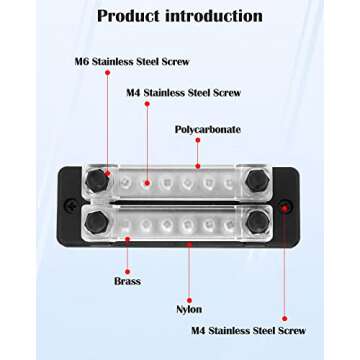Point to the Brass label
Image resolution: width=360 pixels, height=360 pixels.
(128, 282)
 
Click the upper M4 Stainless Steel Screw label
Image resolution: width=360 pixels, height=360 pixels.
(184, 93)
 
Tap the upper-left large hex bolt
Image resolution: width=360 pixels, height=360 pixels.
(97, 180)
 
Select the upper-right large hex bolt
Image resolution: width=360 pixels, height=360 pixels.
(257, 180)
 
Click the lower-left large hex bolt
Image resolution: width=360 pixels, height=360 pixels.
(97, 219)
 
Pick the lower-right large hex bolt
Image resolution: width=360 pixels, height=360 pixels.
(257, 219)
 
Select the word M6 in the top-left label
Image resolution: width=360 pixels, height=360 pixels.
(84, 62)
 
